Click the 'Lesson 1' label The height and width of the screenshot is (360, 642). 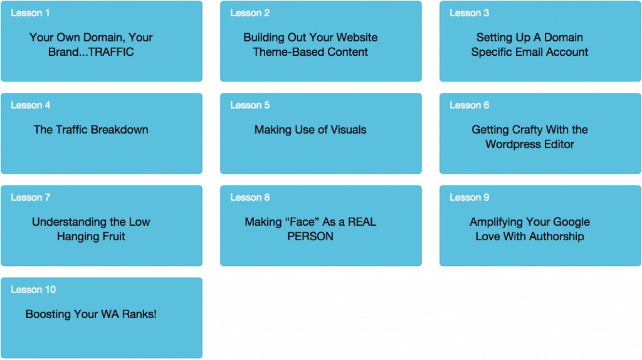(30, 13)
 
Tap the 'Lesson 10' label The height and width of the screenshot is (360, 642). (33, 290)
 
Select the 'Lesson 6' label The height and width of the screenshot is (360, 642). (469, 105)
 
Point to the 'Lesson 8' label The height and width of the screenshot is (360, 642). (250, 198)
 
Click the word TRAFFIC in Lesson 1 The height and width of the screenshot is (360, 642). (111, 52)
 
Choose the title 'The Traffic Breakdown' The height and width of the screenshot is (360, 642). (91, 130)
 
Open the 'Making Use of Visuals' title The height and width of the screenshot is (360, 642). (310, 130)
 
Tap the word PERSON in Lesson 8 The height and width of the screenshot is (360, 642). (310, 236)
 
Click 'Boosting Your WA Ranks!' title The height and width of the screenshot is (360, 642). (91, 314)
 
